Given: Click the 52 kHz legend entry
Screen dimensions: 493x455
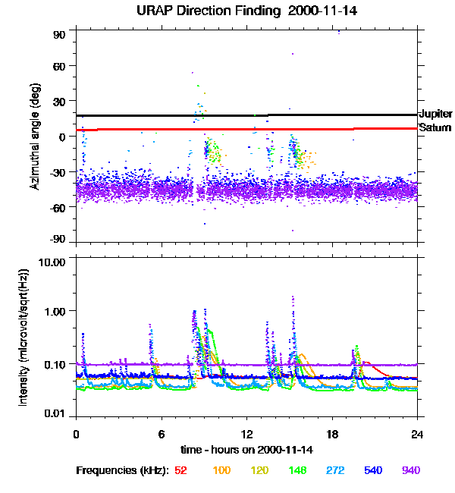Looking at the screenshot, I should (x=180, y=470).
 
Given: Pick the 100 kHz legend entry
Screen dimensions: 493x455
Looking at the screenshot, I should (x=221, y=470).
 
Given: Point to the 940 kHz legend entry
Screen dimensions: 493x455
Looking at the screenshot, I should (x=410, y=470).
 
